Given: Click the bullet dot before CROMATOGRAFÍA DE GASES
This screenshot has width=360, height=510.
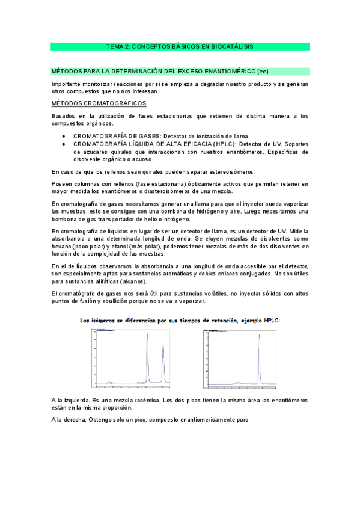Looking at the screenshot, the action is (64, 136).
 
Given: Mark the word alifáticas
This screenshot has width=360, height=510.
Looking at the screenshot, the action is (100, 281).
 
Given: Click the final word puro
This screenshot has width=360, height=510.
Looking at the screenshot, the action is (240, 419).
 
